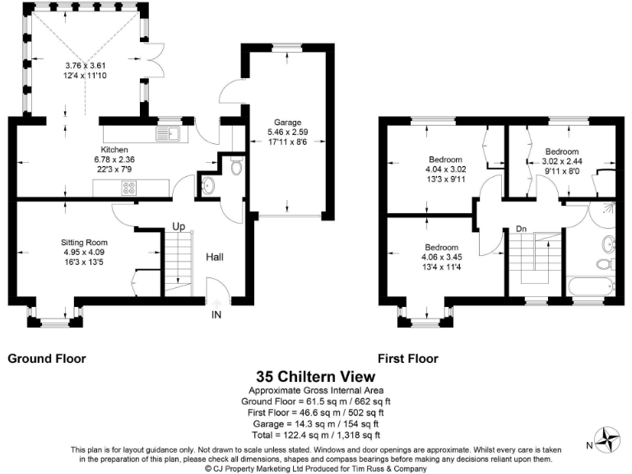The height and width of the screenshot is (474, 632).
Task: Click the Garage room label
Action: (x=287, y=122)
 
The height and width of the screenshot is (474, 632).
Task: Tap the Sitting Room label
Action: (x=84, y=242)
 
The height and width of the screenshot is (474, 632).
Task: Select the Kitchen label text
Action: (x=114, y=150)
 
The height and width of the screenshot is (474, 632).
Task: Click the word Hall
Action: (x=215, y=257)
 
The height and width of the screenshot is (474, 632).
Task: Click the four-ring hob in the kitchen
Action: (x=129, y=188)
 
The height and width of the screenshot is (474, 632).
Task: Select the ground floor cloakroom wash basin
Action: (x=207, y=186)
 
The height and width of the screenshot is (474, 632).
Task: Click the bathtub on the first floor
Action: (x=591, y=286)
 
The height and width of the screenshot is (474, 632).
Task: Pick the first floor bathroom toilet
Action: (x=605, y=264)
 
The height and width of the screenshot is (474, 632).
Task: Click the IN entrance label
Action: (x=216, y=314)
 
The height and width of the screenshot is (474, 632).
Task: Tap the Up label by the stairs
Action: (x=179, y=227)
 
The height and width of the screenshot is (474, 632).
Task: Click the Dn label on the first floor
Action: (x=521, y=229)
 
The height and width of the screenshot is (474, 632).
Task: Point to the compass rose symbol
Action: (x=606, y=439)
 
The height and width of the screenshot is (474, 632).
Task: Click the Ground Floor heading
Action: (x=47, y=359)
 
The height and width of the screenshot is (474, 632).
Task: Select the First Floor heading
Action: (x=408, y=359)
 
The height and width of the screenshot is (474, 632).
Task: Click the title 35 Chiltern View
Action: (x=316, y=376)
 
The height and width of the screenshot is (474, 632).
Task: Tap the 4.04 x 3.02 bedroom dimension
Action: (x=445, y=170)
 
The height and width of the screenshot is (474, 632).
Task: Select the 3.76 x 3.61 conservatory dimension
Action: (x=86, y=65)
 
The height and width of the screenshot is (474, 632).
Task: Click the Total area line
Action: (x=316, y=434)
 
